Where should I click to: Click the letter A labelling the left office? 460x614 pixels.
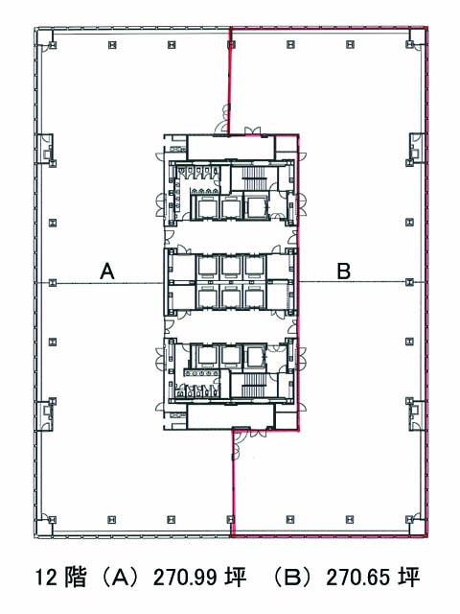click(x=107, y=271)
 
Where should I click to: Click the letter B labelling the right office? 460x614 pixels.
click(x=344, y=271)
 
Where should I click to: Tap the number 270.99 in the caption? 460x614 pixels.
click(x=185, y=577)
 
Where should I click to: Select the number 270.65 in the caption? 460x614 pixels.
click(x=358, y=577)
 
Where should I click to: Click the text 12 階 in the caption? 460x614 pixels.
click(x=60, y=577)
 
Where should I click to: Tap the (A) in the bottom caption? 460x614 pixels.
click(x=120, y=577)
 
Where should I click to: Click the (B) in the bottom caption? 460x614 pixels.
click(x=293, y=577)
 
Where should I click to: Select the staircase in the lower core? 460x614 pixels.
click(x=254, y=385)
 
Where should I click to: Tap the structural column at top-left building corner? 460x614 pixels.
click(x=53, y=45)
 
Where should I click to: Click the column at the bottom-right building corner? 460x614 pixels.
click(x=409, y=520)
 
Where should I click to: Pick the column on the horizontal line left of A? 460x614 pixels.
click(x=53, y=282)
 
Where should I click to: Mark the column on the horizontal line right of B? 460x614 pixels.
click(x=409, y=282)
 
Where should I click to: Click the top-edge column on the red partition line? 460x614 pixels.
click(x=231, y=45)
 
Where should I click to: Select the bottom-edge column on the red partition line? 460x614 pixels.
click(x=231, y=520)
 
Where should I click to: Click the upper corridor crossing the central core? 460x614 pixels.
click(x=231, y=235)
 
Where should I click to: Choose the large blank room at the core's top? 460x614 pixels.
click(x=231, y=148)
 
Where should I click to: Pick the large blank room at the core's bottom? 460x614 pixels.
click(x=230, y=416)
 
